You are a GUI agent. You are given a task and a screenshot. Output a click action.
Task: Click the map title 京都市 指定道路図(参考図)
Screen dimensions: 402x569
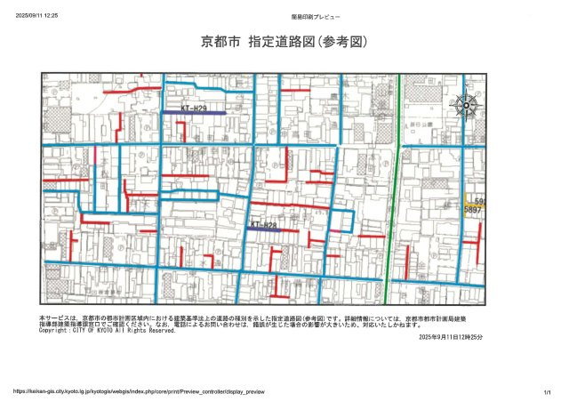284,42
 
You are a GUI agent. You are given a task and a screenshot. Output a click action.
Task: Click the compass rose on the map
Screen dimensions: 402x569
465,106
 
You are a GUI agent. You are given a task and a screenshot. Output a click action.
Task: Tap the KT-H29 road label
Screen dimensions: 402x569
194,108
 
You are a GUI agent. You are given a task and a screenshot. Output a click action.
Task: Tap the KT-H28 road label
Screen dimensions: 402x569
264,225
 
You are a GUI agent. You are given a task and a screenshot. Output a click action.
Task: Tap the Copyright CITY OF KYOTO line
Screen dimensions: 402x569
108,331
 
